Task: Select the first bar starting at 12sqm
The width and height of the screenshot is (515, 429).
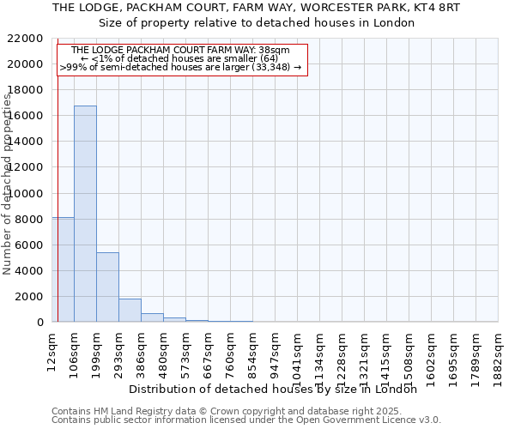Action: point(63,269)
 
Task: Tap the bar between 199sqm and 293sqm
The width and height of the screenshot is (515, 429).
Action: point(107,287)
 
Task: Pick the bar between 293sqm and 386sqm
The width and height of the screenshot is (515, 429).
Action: point(130,311)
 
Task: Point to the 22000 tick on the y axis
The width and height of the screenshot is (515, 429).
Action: point(27,39)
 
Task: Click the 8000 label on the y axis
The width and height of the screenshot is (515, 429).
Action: point(30,220)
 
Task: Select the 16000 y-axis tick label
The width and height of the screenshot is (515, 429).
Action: point(27,116)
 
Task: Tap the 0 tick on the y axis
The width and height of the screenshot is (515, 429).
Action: point(40,323)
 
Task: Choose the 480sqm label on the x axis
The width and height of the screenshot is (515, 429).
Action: point(164,351)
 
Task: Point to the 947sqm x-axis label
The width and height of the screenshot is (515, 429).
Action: point(276,351)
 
